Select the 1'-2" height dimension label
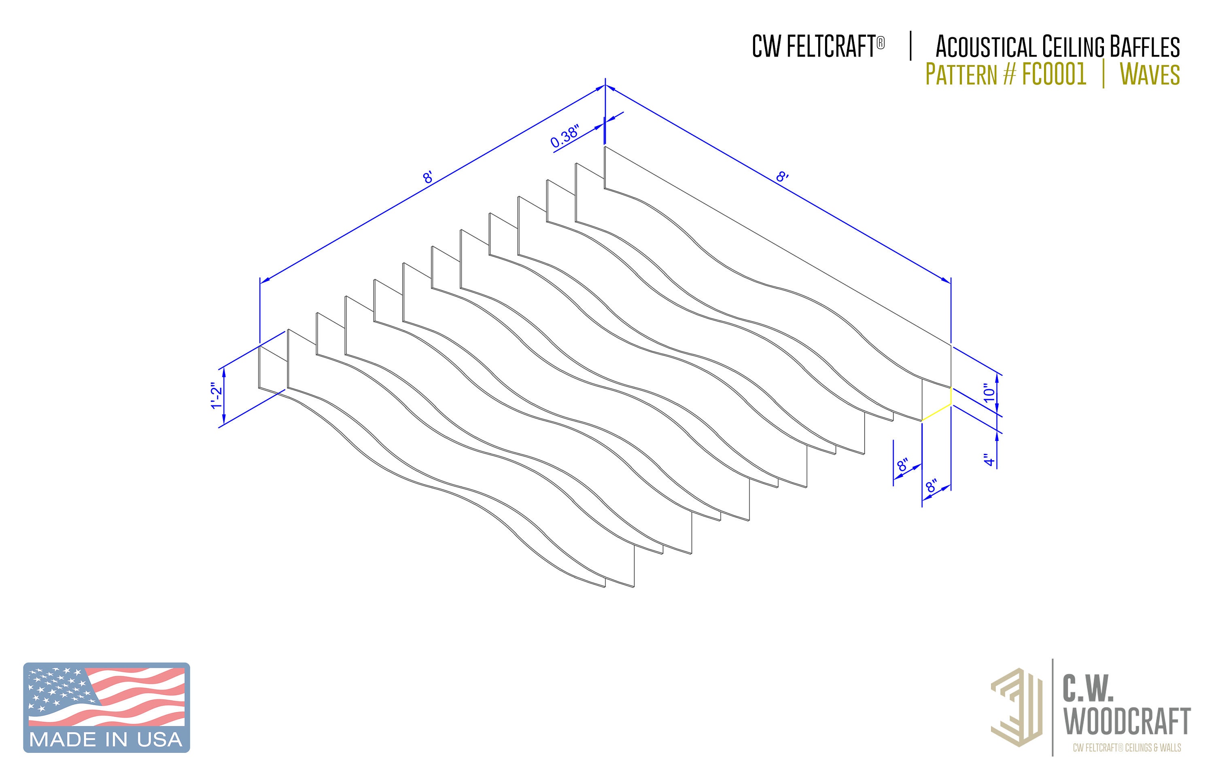click(x=217, y=396)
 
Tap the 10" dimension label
click(x=989, y=393)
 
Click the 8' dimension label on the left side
click(x=428, y=178)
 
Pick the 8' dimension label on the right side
click(x=782, y=177)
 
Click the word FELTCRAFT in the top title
click(x=830, y=47)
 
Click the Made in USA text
click(x=106, y=739)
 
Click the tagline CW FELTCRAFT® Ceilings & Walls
click(x=1127, y=747)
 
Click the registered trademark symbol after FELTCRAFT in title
click(x=881, y=43)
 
